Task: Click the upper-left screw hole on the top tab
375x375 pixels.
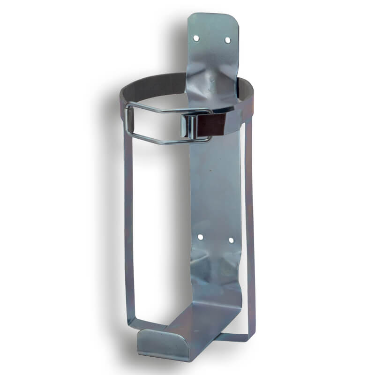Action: [196, 37]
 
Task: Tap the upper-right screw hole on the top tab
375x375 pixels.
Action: [227, 40]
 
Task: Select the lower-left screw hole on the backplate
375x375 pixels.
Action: [200, 238]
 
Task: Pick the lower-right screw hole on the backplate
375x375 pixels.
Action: [231, 240]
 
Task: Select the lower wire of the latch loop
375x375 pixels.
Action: [159, 141]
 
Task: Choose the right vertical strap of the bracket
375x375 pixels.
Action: [251, 225]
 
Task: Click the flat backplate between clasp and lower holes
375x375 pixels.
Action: [216, 187]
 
